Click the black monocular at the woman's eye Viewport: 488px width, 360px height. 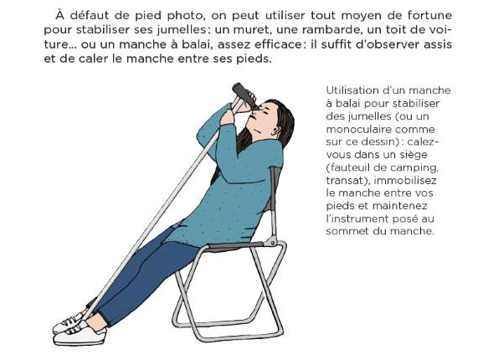(245, 95)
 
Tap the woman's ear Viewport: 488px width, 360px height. (276, 130)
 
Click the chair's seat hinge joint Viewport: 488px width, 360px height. (271, 240)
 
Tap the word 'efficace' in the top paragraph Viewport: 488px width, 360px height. (278, 44)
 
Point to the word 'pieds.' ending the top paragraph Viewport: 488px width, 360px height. (254, 59)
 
